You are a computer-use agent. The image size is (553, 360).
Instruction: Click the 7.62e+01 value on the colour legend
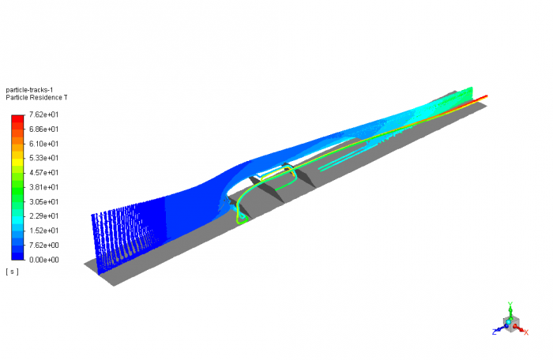click(x=43, y=115)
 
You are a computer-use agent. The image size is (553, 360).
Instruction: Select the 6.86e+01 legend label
click(x=43, y=129)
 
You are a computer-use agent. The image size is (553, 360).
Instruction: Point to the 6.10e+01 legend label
click(x=43, y=144)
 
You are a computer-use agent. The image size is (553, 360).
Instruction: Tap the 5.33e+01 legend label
click(x=43, y=158)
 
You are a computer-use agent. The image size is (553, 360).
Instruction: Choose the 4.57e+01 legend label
click(x=43, y=173)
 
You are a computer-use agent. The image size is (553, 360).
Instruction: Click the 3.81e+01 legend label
click(x=43, y=187)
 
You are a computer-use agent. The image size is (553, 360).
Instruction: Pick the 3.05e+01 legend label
click(x=43, y=201)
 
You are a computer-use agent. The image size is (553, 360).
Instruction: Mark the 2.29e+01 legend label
click(x=43, y=216)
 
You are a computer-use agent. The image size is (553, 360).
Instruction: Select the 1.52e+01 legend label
click(x=43, y=231)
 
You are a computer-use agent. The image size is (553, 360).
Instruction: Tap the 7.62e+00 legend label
click(x=43, y=245)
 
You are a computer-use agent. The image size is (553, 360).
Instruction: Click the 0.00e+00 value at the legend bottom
click(x=43, y=259)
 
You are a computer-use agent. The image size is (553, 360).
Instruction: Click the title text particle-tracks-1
click(x=28, y=90)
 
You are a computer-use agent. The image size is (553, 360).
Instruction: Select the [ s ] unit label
click(x=12, y=272)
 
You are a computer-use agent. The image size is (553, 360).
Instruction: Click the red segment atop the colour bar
click(x=17, y=119)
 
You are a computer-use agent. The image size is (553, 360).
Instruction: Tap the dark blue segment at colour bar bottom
click(x=17, y=254)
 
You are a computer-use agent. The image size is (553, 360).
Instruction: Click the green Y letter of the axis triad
click(x=511, y=304)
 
